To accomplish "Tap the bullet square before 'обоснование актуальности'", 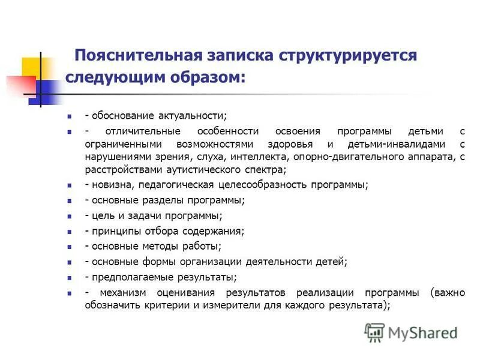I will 70,115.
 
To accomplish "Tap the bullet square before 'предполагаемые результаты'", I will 70,278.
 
